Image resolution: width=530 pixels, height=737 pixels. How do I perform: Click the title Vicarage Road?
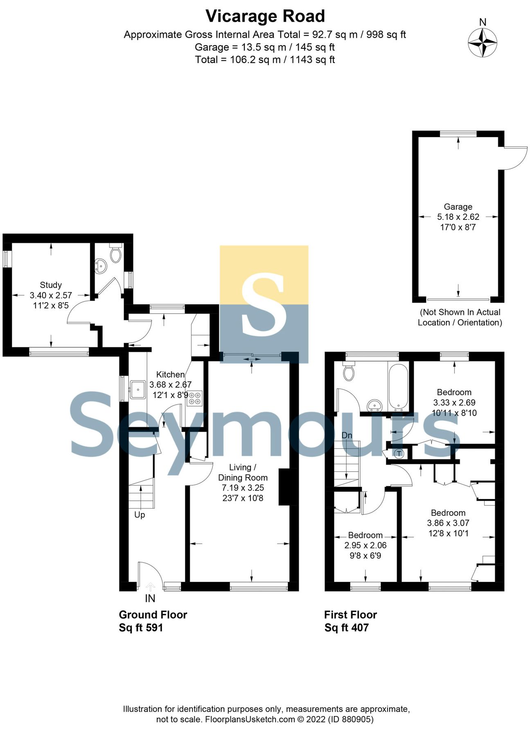[x=265, y=16]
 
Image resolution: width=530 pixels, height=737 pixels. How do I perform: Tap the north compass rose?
[x=483, y=42]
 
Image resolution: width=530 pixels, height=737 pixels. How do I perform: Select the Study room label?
[x=51, y=285]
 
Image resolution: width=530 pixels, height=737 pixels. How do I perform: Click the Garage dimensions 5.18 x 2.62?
[x=458, y=217]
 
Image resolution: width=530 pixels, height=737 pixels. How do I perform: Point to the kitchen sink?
[x=138, y=389]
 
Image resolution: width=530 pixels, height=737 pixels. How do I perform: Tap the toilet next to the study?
[x=116, y=254]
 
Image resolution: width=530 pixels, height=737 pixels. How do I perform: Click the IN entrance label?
[x=150, y=598]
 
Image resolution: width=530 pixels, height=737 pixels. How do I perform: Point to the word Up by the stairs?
[x=140, y=515]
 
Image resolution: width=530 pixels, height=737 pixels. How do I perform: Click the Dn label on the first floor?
[x=347, y=435]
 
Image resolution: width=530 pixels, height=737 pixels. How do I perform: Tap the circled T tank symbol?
[x=399, y=453]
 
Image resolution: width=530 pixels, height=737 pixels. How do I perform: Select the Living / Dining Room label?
[x=243, y=472]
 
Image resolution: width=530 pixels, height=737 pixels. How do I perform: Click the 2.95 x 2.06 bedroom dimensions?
[x=365, y=545]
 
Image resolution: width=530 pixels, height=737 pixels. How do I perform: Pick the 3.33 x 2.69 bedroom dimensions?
[x=454, y=402]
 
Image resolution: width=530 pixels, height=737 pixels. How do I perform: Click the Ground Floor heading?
[x=153, y=615]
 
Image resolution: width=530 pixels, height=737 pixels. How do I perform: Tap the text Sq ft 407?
[x=346, y=628]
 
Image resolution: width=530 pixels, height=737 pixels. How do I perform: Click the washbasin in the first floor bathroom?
[x=375, y=405]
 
